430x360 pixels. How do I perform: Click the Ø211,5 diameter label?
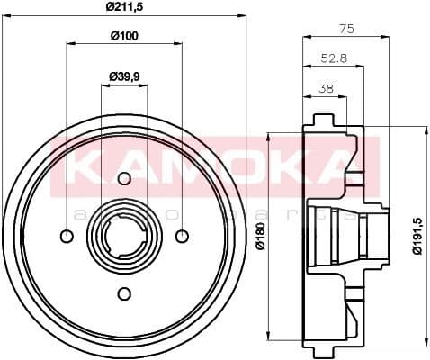pyautogui.click(x=123, y=8)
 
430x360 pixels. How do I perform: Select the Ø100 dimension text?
pyautogui.click(x=123, y=37)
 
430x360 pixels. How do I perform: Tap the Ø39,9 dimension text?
pyautogui.click(x=123, y=77)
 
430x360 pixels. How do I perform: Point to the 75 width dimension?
pyautogui.click(x=345, y=29)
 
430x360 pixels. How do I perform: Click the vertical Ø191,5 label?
pyautogui.click(x=416, y=236)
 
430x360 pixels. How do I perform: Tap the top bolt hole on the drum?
pyautogui.click(x=124, y=178)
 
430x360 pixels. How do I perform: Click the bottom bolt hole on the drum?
pyautogui.click(x=124, y=292)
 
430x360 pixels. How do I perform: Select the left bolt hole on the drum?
pyautogui.click(x=67, y=236)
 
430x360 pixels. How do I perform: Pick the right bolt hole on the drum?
pyautogui.click(x=182, y=236)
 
